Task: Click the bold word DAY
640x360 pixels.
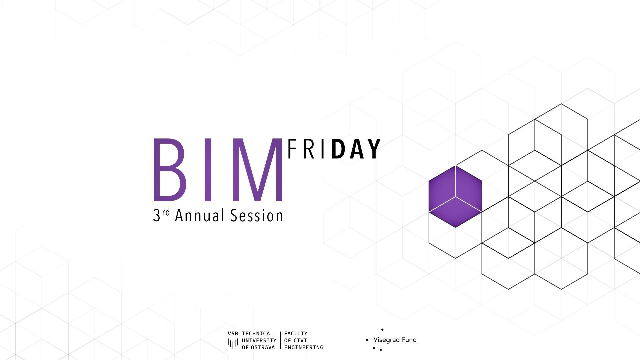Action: pos(356,149)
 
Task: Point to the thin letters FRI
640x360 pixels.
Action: pos(306,149)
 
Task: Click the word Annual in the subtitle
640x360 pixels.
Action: pos(199,216)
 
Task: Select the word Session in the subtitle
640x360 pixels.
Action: pos(257,216)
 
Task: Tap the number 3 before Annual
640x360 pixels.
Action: pos(157,216)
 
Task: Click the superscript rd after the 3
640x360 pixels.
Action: pos(166,212)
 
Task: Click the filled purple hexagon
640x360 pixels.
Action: pos(455,197)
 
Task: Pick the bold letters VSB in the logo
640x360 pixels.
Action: pos(233,334)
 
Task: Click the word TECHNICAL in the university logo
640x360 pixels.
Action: pos(258,334)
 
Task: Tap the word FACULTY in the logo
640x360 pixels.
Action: pos(296,334)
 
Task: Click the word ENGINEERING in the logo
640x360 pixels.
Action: pos(304,347)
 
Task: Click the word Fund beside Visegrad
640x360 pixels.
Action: pos(409,340)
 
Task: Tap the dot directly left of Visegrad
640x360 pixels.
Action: pos(367,340)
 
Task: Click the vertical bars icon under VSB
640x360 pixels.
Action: pos(233,343)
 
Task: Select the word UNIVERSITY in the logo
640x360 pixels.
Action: pos(259,341)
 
